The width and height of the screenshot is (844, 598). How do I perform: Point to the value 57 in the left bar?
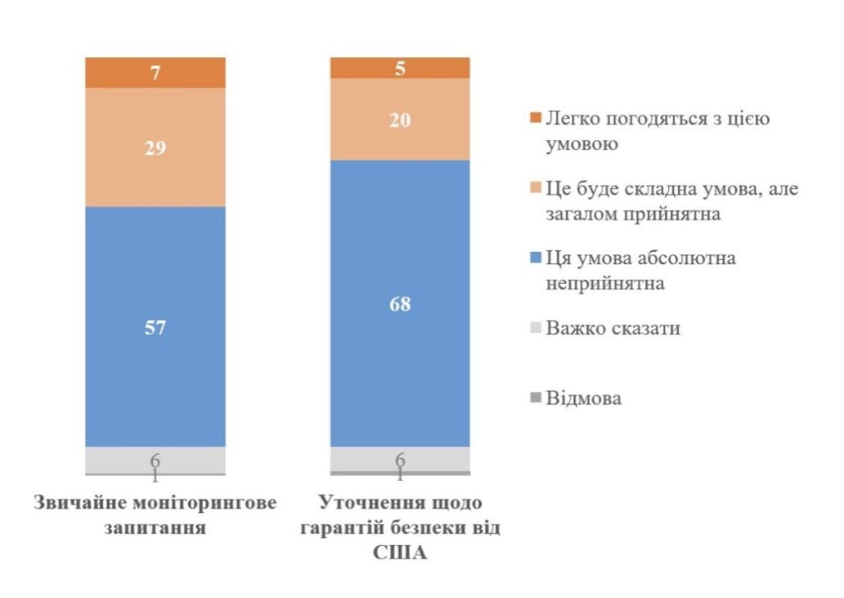pyautogui.click(x=155, y=329)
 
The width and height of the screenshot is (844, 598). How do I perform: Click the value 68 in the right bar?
pyautogui.click(x=400, y=304)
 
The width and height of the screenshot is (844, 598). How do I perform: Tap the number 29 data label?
pyautogui.click(x=155, y=148)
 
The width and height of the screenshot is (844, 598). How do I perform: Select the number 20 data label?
pyautogui.click(x=400, y=120)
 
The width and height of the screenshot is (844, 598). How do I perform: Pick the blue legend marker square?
pyautogui.click(x=536, y=259)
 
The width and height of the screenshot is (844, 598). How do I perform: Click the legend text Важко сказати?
pyautogui.click(x=613, y=329)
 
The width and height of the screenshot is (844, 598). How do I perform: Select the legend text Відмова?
pyautogui.click(x=584, y=399)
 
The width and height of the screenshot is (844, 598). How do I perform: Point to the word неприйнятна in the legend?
pyautogui.click(x=604, y=284)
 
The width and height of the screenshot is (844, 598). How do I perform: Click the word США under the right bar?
pyautogui.click(x=400, y=552)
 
